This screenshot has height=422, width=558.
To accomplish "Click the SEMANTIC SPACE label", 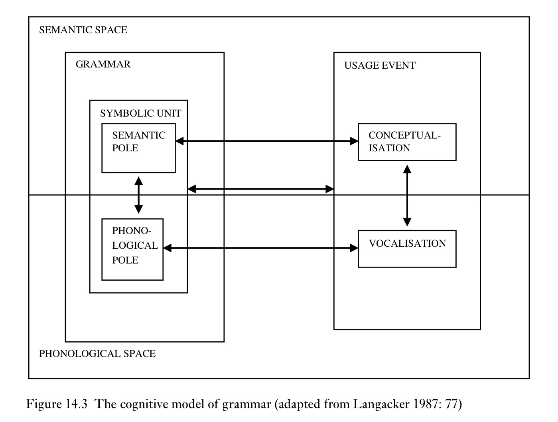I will [83, 30].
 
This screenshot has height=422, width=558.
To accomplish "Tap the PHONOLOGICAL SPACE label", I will [97, 354].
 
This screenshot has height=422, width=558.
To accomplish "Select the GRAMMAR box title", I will [103, 64].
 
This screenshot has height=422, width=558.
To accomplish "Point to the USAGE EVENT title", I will [380, 65].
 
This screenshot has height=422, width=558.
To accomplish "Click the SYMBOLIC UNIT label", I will [140, 113].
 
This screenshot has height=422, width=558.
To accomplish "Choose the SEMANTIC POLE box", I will [138, 148].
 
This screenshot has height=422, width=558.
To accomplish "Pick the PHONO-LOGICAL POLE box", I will [132, 249].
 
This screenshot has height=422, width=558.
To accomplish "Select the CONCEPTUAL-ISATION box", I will [407, 142].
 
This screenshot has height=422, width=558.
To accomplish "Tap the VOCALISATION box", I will [407, 249].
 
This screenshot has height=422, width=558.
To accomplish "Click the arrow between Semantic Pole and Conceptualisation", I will [266, 141].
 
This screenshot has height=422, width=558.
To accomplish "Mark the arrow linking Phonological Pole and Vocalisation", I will [260, 248].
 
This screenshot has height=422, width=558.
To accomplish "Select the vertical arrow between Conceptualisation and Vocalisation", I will [407, 196].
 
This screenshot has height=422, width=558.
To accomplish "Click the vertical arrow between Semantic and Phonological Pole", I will [138, 195].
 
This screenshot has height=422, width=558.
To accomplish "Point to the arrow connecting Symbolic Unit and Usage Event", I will [260, 189].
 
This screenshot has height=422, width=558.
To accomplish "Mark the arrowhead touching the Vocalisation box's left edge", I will [354, 248].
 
